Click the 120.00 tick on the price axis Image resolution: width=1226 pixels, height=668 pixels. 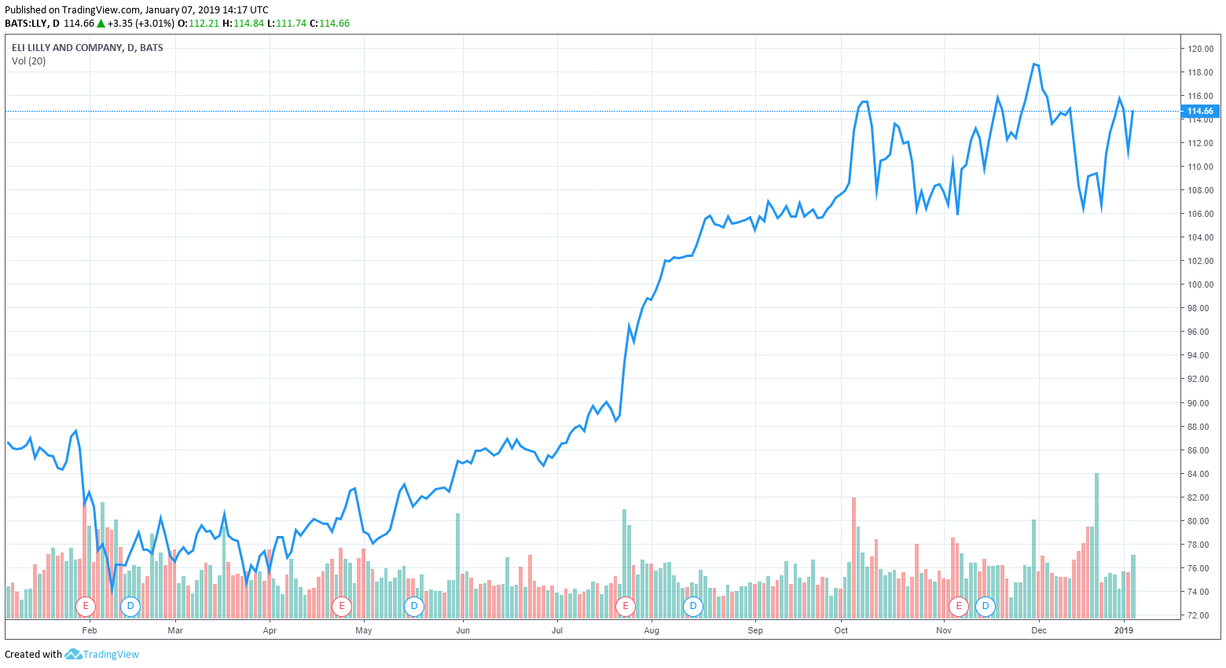(1200, 49)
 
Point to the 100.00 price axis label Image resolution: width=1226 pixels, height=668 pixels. (1200, 284)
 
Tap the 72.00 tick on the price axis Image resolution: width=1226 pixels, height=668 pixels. (1200, 615)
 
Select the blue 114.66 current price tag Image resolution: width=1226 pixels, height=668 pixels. (1200, 112)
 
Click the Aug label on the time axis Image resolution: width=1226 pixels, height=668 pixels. (651, 630)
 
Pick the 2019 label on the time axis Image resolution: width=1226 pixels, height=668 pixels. (1125, 630)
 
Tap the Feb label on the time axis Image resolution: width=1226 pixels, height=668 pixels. (90, 630)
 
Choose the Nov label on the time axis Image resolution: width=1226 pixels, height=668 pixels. (944, 630)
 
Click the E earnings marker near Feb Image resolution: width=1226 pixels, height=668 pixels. (86, 606)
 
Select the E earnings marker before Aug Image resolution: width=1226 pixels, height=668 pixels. (626, 606)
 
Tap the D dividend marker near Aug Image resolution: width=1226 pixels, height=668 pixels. (692, 606)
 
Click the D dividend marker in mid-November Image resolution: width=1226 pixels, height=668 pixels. (985, 606)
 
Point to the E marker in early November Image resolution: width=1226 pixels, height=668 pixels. (959, 606)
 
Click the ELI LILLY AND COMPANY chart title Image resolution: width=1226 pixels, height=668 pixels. (87, 48)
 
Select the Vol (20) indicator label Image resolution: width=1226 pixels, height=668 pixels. (29, 61)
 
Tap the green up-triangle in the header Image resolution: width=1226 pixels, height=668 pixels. (101, 24)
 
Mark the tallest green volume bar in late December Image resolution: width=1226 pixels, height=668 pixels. (1096, 542)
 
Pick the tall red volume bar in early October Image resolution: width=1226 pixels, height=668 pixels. (853, 554)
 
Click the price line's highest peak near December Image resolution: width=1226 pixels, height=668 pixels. (1035, 64)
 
